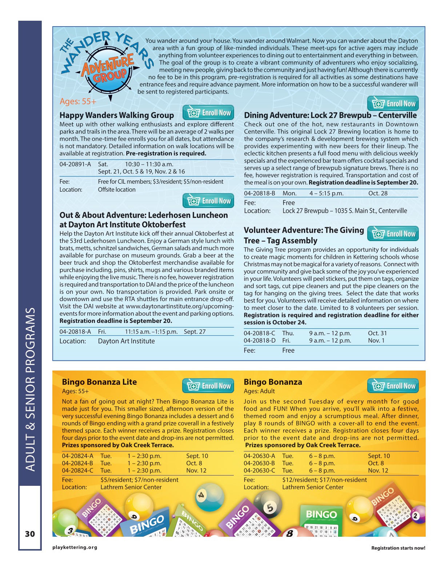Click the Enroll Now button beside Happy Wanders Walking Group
coord(208,113)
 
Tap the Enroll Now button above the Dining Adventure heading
coord(393,104)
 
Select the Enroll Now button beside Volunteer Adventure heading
coord(393,234)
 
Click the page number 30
coord(30,534)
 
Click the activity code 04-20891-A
coord(75,164)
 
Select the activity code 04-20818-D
coord(260,341)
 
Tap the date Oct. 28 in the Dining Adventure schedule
coord(378,193)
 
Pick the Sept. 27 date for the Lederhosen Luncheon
coord(195,332)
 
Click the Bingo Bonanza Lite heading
coord(99,382)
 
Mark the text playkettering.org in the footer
coord(75,547)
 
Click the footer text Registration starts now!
coord(398,548)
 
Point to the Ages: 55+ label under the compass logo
coord(78,101)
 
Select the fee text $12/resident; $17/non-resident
coord(324,480)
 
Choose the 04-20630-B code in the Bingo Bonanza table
coord(259,463)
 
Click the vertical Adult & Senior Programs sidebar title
coord(30,389)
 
